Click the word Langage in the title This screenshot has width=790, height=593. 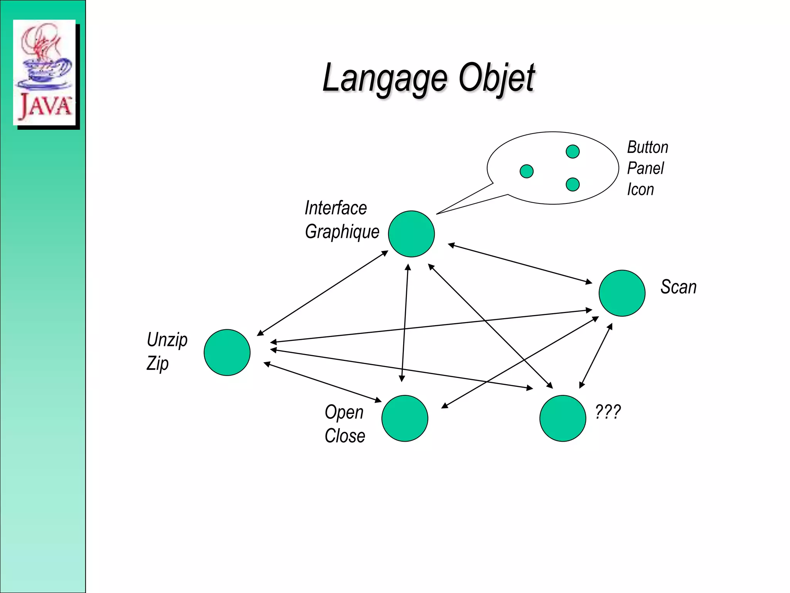pos(385,78)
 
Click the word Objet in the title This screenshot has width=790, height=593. pos(497,78)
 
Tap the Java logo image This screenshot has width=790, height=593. pos(44,73)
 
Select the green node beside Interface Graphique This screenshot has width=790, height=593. pos(411,234)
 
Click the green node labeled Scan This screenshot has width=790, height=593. pos(622,293)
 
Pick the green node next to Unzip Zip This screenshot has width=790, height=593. pos(227,352)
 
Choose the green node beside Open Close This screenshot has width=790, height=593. pos(405,418)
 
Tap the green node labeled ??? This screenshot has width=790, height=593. pos(563,418)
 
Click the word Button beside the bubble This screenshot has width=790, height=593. pos(648,147)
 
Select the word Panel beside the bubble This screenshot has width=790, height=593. pos(645,168)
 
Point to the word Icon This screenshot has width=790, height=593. pos(640,190)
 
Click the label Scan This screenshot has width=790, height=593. pos(679,287)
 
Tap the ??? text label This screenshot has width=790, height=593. pos(608,412)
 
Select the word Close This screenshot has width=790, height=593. pos(345,436)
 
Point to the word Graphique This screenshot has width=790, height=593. pos(342,232)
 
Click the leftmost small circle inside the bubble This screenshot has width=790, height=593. pos(527,171)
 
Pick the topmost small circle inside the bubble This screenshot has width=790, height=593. pos(572,151)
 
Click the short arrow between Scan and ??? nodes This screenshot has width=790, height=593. pos(596,356)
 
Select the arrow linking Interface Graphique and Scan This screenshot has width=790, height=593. pos(520,264)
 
